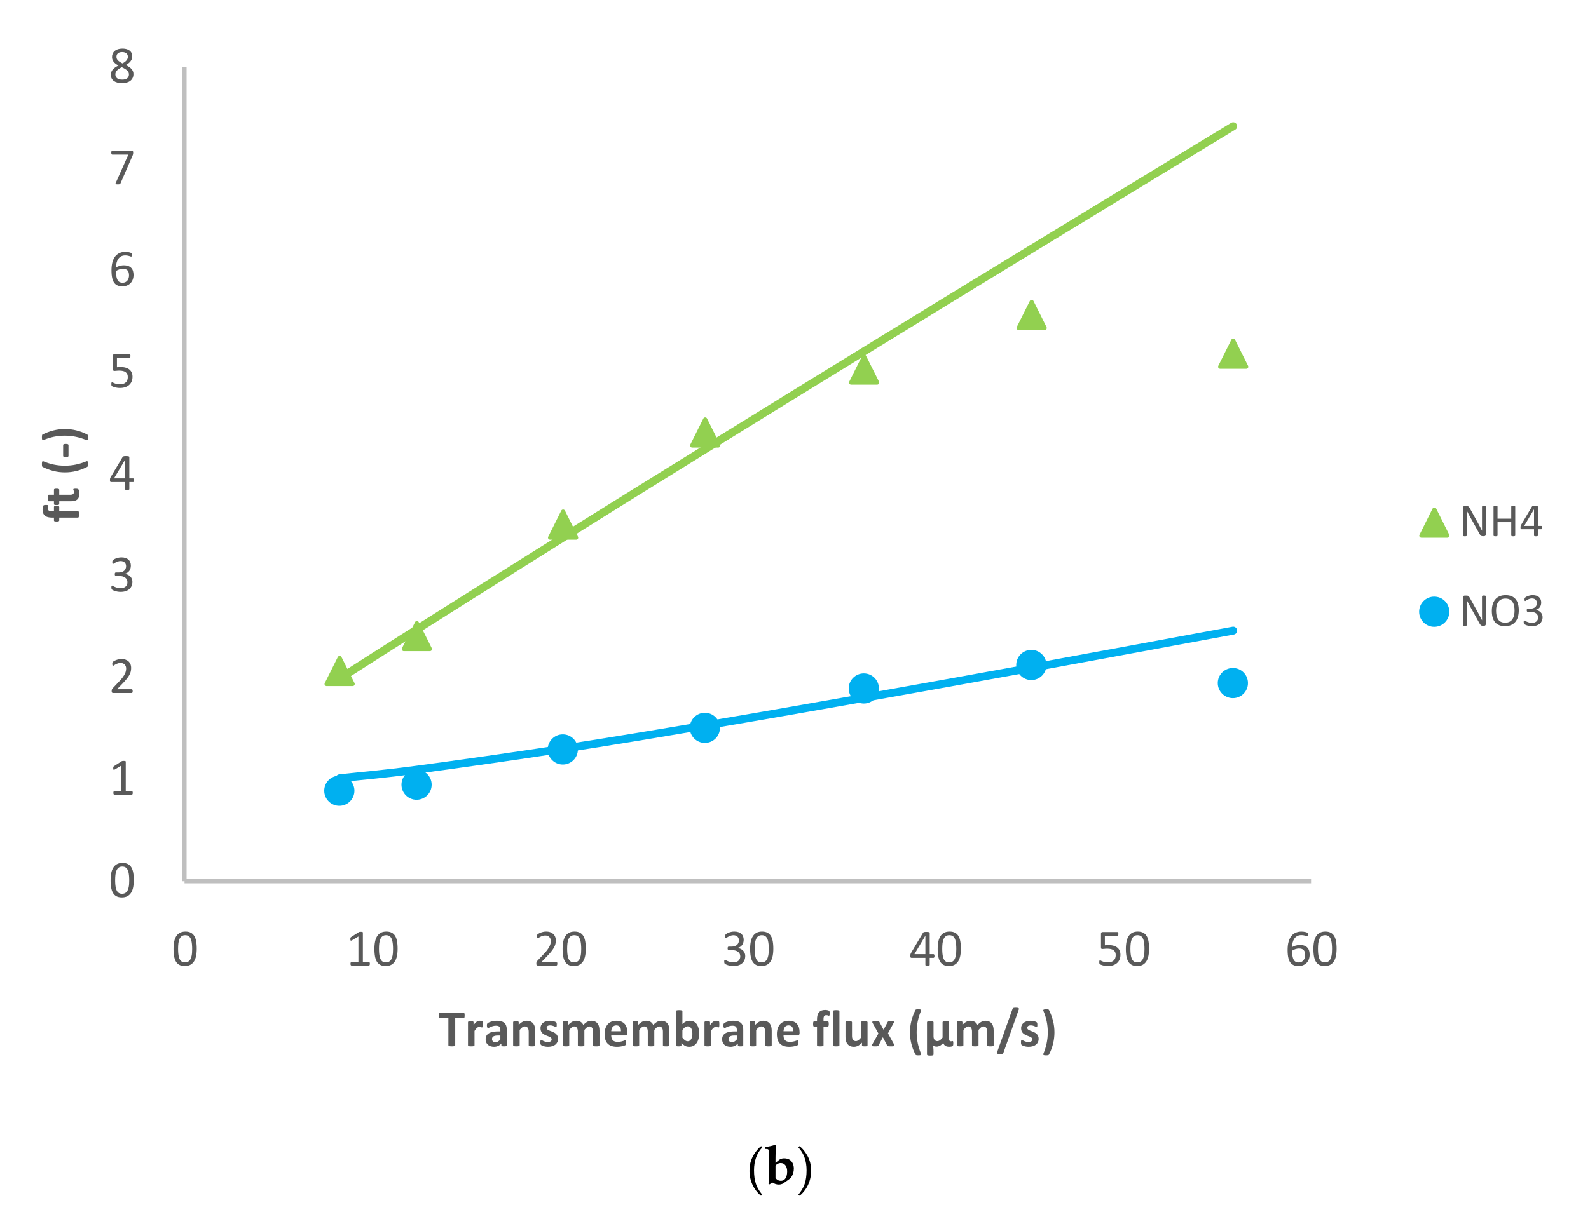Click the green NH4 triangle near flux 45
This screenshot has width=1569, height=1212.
coord(1031,318)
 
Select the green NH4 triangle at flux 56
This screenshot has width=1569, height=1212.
coord(1233,356)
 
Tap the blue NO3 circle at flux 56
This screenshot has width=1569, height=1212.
coord(1233,683)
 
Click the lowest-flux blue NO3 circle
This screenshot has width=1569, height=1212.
coord(339,790)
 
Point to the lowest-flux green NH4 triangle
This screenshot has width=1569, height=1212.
coord(339,673)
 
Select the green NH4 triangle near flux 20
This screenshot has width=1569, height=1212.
coord(563,527)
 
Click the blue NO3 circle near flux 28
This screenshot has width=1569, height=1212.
coord(705,728)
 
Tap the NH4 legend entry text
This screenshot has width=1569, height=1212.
coord(1501,522)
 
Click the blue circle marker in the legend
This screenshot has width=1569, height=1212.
coord(1434,612)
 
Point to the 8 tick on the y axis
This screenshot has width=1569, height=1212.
coord(122,67)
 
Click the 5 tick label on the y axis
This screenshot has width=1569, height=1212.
coord(122,372)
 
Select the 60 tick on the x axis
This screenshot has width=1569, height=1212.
coord(1311,950)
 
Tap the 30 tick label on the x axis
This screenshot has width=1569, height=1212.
coord(748,950)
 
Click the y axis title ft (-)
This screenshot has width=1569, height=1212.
coord(65,474)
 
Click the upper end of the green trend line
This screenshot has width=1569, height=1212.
coord(1233,126)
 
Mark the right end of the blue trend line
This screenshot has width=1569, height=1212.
coord(1233,630)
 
